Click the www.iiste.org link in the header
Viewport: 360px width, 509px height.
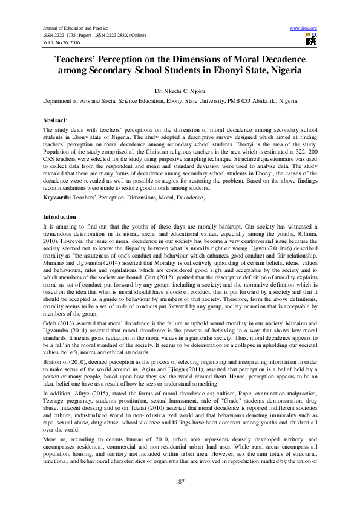(x=304, y=28)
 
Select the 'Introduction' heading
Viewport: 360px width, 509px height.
(x=59, y=216)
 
